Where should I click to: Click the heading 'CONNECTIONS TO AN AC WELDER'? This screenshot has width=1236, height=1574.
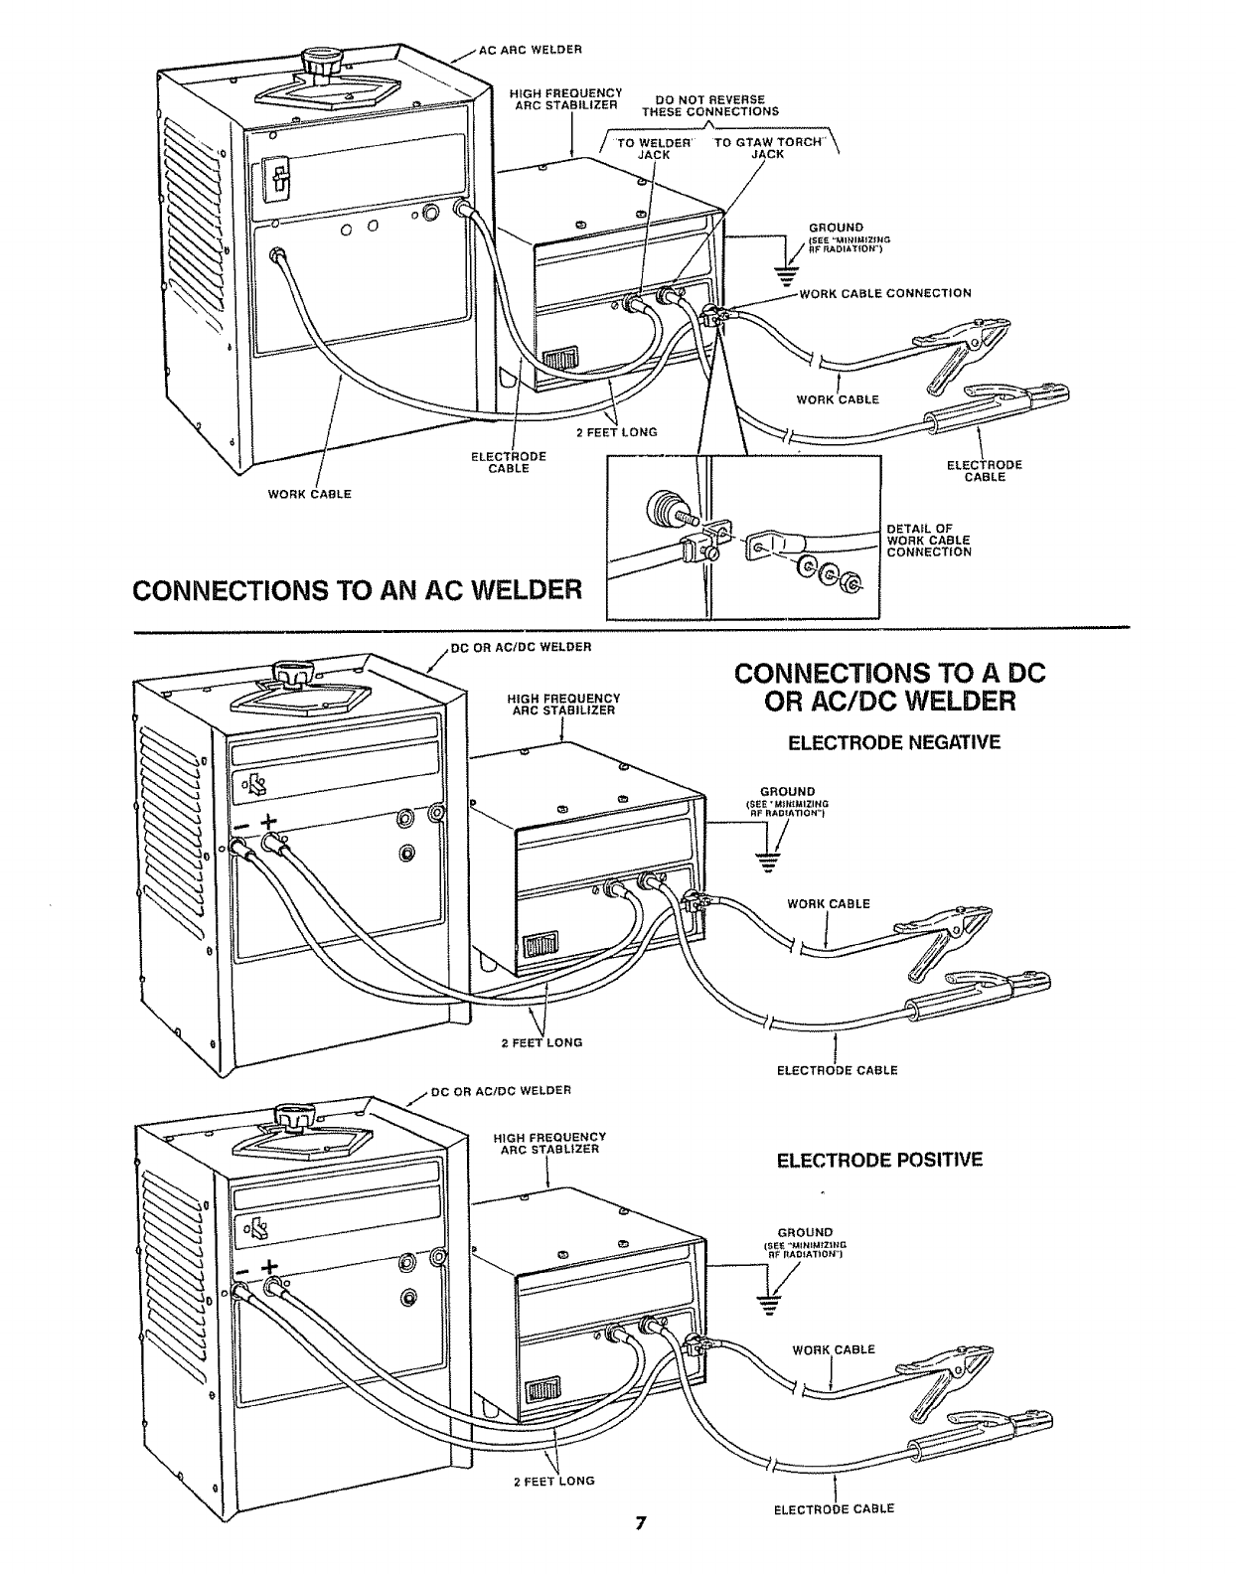point(357,590)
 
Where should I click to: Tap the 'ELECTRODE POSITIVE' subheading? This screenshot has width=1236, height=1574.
point(879,1160)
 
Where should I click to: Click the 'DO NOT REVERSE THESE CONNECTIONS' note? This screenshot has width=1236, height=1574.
point(709,105)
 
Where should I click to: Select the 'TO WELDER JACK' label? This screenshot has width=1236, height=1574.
point(653,147)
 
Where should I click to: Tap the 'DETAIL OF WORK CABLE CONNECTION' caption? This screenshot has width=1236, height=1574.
point(928,540)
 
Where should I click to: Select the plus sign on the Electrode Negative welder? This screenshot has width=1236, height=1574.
point(268,823)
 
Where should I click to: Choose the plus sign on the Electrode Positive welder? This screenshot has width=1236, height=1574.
point(269,1268)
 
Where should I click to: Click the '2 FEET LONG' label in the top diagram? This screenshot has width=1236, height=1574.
point(617,432)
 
